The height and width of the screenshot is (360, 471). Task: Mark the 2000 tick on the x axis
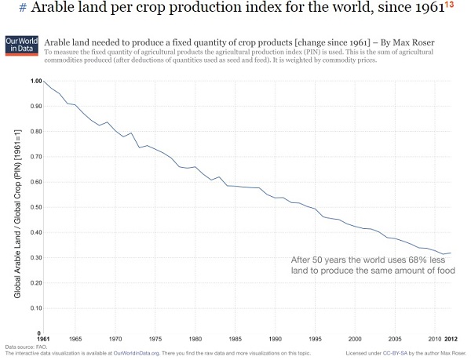click(x=355, y=339)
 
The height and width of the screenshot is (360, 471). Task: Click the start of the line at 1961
click(x=43, y=81)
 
